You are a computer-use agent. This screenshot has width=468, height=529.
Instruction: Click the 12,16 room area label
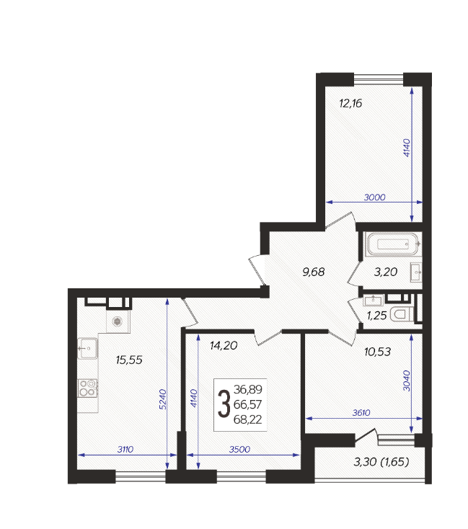[x=350, y=103]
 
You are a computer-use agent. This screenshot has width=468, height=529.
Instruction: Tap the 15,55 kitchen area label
[x=129, y=360]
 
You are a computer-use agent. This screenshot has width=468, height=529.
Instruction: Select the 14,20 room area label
[x=224, y=345]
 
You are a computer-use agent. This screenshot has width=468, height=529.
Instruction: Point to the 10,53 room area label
[x=378, y=352]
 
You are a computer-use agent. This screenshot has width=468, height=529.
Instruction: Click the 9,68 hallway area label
[x=314, y=272]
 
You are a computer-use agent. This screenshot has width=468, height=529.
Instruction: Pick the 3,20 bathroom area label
[x=386, y=272]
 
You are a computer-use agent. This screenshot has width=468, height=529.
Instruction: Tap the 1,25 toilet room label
[x=376, y=316]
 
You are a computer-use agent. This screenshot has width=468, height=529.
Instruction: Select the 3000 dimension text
[x=374, y=197]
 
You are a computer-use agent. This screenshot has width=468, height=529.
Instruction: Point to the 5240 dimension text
[x=163, y=399]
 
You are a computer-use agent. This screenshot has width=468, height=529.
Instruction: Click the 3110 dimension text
[x=125, y=450]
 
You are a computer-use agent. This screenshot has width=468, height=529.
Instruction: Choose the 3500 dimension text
[x=239, y=450]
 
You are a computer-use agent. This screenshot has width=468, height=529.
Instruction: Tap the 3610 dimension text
[x=361, y=413]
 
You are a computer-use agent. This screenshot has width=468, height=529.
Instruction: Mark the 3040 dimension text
[x=407, y=381]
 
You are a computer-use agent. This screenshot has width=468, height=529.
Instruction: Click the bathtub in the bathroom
[x=394, y=244]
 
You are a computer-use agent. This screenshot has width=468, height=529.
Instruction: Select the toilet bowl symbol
[x=402, y=314]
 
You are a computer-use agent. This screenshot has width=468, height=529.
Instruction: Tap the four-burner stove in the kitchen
[x=88, y=388]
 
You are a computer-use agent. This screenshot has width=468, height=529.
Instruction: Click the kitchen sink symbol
[x=88, y=349]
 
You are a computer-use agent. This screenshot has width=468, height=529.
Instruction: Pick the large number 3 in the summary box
[x=224, y=404]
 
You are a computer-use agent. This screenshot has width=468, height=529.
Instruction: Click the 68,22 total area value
[x=247, y=419]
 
